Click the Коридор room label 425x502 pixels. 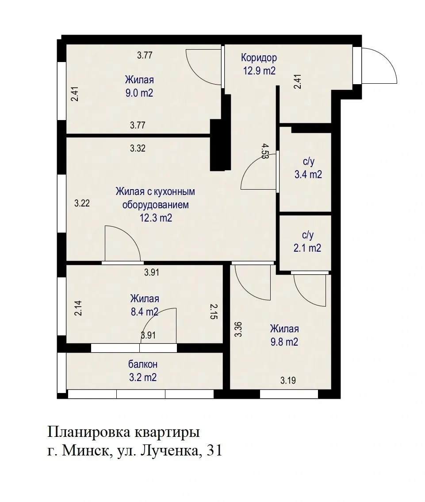[x=259, y=58]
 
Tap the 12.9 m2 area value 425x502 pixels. [x=259, y=71]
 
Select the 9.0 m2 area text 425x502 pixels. [x=139, y=93]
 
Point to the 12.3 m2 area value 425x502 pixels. [x=156, y=218]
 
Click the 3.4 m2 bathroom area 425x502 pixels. [x=308, y=175]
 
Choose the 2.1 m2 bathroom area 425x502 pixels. [x=307, y=249]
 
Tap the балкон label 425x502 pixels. [x=143, y=364]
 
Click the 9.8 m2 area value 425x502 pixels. [x=284, y=342]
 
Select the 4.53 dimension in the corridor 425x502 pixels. [x=265, y=151]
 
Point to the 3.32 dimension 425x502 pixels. [x=138, y=148]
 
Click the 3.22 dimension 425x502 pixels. [x=82, y=203]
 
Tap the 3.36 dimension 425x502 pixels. [x=238, y=330]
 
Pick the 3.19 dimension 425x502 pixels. [x=288, y=381]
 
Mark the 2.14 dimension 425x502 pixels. [x=78, y=308]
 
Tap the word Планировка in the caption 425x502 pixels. [x=88, y=432]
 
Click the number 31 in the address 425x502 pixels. [x=214, y=451]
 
